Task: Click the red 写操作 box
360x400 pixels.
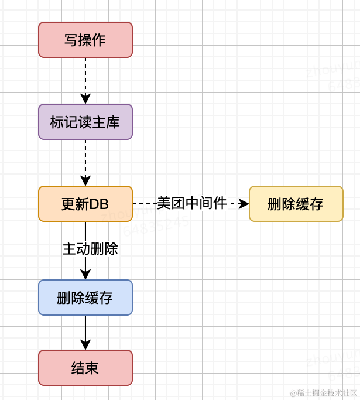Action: [x=85, y=40]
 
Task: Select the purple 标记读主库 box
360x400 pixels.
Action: [x=85, y=122]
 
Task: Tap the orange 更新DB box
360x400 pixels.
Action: [x=85, y=204]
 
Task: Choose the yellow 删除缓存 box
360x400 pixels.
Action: [x=296, y=204]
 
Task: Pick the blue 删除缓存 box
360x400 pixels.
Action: [x=85, y=298]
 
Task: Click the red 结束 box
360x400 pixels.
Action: [x=85, y=368]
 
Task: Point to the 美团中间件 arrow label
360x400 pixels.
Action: [x=191, y=203]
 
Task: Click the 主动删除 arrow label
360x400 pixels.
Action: [x=90, y=249]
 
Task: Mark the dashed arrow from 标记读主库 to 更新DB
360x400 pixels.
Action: [x=85, y=157]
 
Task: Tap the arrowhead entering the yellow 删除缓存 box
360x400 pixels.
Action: [x=244, y=204]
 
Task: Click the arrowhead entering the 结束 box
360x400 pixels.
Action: [x=85, y=345]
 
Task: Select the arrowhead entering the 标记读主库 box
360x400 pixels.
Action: [x=85, y=99]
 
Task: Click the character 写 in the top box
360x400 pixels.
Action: [x=71, y=40]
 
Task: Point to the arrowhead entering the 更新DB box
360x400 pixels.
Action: [x=85, y=181]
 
